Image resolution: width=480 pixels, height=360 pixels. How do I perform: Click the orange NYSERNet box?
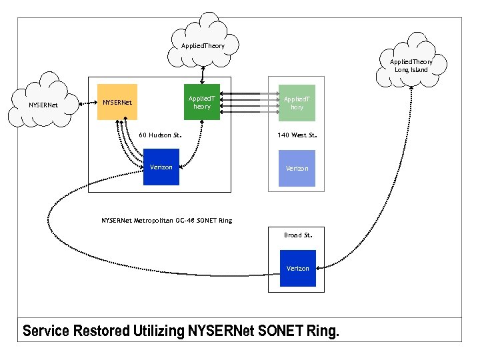pyautogui.click(x=117, y=102)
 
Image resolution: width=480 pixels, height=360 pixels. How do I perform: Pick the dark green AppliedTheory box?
pyautogui.click(x=201, y=102)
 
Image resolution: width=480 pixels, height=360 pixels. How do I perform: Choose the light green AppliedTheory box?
pyautogui.click(x=297, y=102)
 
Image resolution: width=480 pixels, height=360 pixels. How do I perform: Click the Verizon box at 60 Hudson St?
pyautogui.click(x=161, y=167)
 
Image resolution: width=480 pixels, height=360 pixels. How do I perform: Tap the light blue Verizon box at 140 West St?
pyautogui.click(x=297, y=168)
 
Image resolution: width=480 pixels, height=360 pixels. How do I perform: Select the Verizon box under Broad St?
pyautogui.click(x=297, y=268)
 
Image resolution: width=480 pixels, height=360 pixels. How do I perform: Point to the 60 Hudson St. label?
pyautogui.click(x=160, y=135)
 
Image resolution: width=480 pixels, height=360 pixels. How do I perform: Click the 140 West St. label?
pyautogui.click(x=297, y=135)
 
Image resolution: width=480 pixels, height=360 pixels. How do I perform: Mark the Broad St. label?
pyautogui.click(x=297, y=235)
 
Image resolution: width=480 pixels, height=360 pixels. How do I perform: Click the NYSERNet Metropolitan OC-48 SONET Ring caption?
pyautogui.click(x=167, y=220)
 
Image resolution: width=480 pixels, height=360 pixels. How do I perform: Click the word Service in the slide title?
pyautogui.click(x=46, y=331)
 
